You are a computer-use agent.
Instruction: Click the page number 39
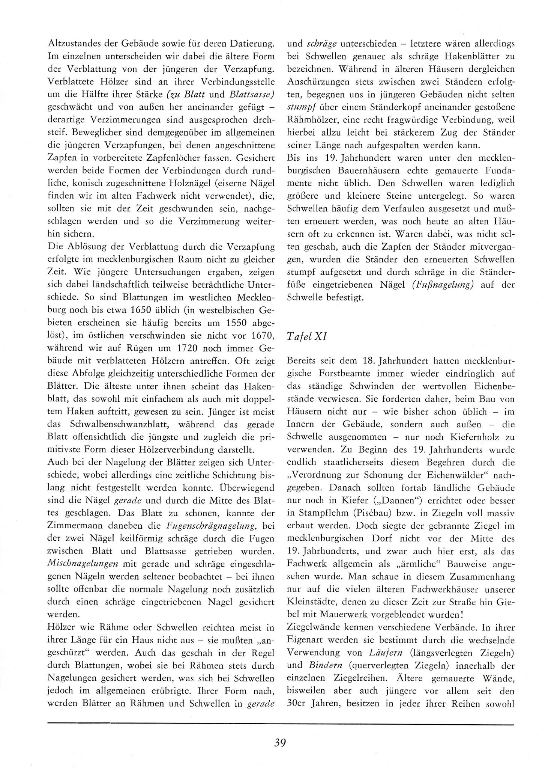[x=280, y=743]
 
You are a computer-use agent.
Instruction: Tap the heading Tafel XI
[x=306, y=336]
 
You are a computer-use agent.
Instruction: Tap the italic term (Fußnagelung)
[x=440, y=285]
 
